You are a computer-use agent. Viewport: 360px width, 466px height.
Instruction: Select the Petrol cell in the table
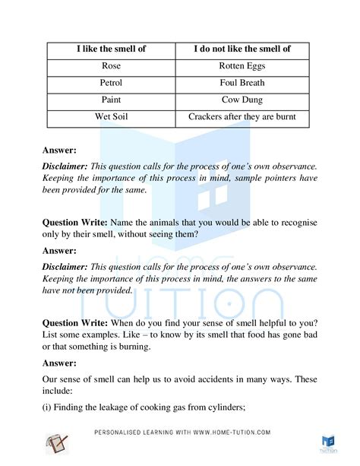[x=110, y=83]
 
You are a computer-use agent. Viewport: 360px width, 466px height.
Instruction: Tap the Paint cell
[x=110, y=100]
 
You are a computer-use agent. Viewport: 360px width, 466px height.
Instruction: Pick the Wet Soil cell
[x=110, y=118]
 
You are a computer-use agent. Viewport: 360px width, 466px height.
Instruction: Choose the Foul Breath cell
[x=242, y=83]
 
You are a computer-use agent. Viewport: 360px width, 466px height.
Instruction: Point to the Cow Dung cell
[x=242, y=100]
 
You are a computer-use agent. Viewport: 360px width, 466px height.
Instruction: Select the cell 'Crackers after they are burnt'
[x=242, y=118]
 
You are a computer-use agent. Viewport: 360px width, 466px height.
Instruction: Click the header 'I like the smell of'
[x=110, y=49]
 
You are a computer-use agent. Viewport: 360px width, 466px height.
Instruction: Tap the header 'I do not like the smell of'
[x=242, y=49]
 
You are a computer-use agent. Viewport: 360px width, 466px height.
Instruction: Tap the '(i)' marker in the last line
[x=47, y=408]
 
